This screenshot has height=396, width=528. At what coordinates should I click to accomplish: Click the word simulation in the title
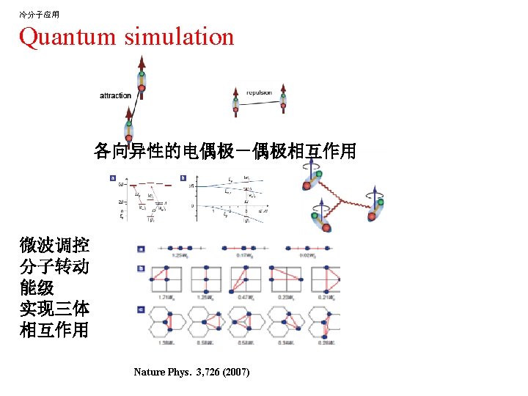(x=179, y=37)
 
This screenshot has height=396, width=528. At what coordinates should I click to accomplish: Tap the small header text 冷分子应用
(x=39, y=14)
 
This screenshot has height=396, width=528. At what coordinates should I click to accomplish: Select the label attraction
(x=115, y=95)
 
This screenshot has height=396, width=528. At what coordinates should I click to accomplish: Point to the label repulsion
(x=259, y=92)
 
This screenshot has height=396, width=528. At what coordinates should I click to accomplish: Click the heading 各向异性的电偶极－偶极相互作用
(x=224, y=151)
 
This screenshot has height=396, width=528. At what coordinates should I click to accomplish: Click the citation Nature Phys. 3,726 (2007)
(x=191, y=373)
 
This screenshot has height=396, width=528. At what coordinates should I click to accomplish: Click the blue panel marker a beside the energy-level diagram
(x=113, y=177)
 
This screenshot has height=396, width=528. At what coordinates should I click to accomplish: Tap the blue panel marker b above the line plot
(x=183, y=177)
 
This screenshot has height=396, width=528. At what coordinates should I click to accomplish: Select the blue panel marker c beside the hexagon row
(x=141, y=309)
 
